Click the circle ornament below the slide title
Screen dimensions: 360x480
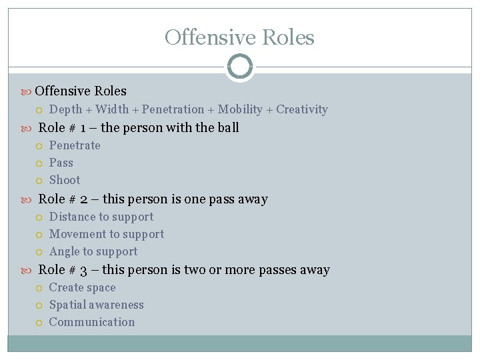click(239, 67)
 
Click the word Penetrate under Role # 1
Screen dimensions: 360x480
click(75, 145)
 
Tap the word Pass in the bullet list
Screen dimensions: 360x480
click(61, 163)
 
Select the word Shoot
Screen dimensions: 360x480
click(65, 180)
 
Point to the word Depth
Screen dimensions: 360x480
click(66, 109)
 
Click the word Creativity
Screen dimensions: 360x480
click(302, 109)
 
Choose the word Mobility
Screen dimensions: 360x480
click(240, 109)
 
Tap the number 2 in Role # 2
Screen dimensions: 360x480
click(84, 199)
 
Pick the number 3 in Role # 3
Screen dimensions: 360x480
click(84, 270)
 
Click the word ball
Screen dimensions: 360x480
click(229, 127)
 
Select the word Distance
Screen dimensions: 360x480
click(73, 217)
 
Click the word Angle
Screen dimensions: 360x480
click(64, 251)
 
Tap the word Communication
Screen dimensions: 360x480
click(92, 322)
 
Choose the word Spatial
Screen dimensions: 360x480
click(67, 305)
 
